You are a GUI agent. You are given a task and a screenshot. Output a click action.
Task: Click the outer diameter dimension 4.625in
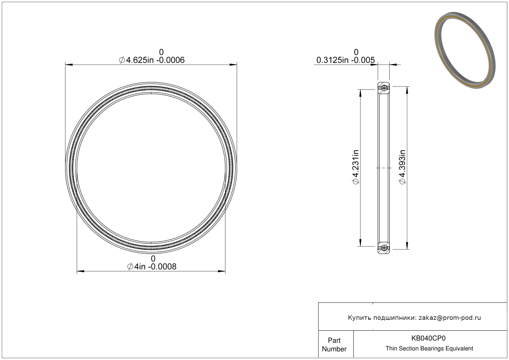[x=152, y=60]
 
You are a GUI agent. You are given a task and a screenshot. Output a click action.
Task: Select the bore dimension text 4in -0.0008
[x=152, y=267]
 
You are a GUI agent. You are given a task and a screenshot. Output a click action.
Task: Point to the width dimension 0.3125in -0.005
[x=345, y=60]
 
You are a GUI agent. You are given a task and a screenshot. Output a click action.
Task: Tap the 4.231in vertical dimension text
[x=356, y=167]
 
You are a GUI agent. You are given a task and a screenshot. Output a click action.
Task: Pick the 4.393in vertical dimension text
[x=402, y=167]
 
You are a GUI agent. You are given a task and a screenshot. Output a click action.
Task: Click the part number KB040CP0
[x=428, y=338]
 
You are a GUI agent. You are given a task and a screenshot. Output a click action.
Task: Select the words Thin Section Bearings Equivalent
[x=429, y=349]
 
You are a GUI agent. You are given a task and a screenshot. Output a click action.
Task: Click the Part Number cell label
[x=334, y=345]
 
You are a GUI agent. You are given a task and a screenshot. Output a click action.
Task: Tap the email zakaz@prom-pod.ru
[x=450, y=318]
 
